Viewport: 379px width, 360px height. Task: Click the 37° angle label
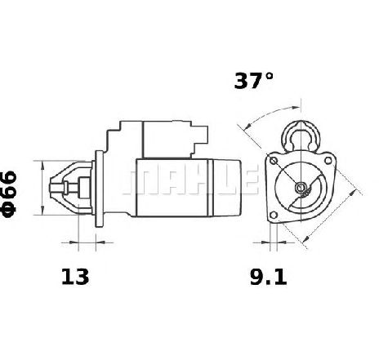(253, 81)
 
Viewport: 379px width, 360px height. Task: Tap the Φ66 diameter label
(9, 194)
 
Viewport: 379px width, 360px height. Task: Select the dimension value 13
(75, 277)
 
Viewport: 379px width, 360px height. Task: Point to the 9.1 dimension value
(268, 277)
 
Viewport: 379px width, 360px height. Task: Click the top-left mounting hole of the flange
(274, 161)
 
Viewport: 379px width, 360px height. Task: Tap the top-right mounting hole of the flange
(328, 161)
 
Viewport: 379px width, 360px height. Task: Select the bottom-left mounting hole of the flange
(274, 216)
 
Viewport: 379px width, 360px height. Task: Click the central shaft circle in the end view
(301, 187)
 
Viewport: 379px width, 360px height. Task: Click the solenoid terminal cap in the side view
(200, 139)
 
